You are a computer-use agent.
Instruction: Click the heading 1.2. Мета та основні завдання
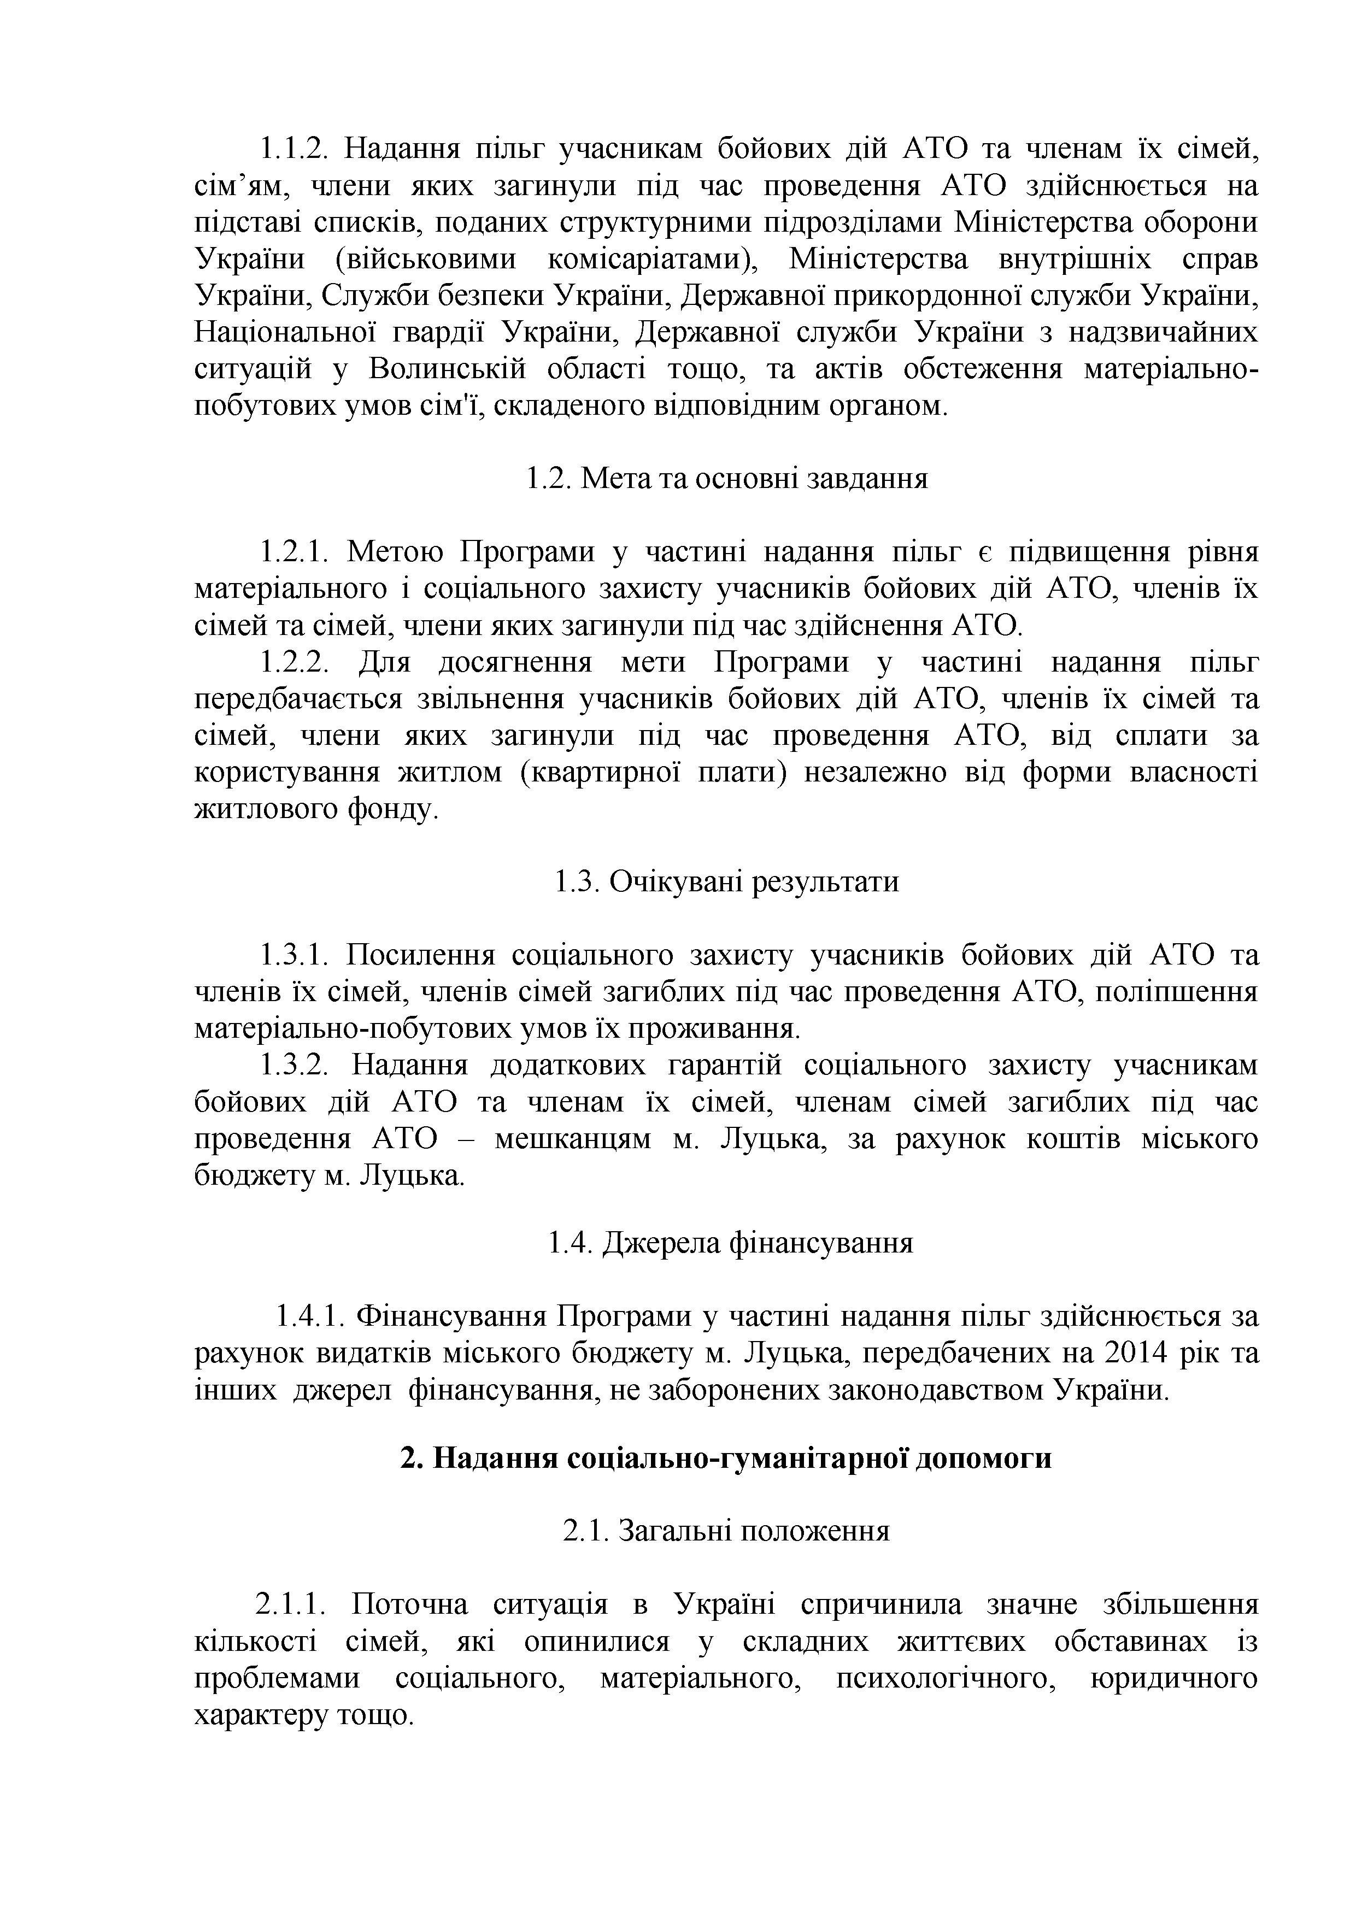[x=726, y=479]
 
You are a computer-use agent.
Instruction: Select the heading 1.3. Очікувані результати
[x=726, y=883]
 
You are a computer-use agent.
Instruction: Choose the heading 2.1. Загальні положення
[x=726, y=1531]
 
